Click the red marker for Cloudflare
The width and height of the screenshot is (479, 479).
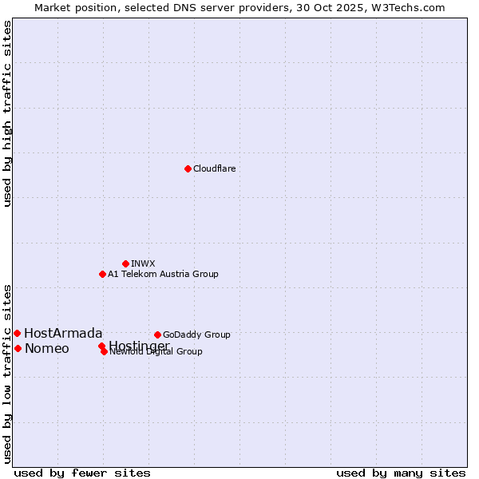(x=188, y=168)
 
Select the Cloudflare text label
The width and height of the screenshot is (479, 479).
(x=214, y=168)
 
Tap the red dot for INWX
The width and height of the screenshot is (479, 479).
(x=125, y=263)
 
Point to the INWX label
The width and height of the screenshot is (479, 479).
(x=143, y=263)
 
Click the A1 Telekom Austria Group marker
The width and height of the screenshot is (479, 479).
(x=102, y=274)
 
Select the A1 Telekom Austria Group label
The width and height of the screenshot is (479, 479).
(x=163, y=274)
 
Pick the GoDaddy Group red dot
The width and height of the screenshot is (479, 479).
(x=157, y=335)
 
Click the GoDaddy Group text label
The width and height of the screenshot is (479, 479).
(x=196, y=335)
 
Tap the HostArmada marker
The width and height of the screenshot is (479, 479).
(x=17, y=333)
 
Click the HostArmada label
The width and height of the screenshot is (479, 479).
(x=63, y=333)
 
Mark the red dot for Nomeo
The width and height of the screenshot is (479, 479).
(x=18, y=348)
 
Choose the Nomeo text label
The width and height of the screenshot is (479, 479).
(x=46, y=348)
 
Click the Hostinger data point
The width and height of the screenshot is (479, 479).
(x=101, y=346)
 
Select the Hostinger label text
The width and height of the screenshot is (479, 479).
(x=139, y=345)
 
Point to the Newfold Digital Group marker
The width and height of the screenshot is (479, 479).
(x=105, y=351)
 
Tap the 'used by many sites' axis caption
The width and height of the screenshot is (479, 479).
(x=401, y=473)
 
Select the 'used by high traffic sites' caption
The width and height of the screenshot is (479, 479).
(x=8, y=113)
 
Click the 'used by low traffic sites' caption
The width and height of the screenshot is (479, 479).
(x=8, y=373)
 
